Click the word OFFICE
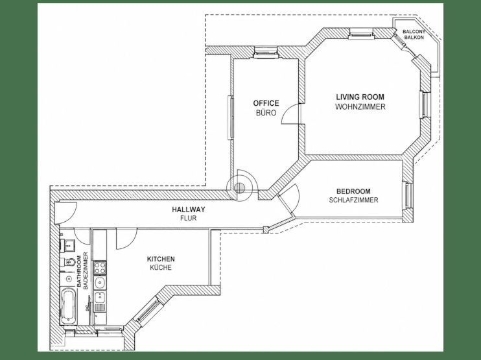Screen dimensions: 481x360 [266, 103]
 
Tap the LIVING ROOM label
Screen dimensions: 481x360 [360, 97]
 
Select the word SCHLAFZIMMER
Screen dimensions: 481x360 [353, 200]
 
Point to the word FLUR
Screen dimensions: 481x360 [189, 218]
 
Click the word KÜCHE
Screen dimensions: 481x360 [161, 268]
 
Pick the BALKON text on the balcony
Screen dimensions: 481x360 [414, 38]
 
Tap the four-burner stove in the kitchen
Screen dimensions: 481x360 [99, 267]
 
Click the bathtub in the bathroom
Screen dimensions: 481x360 [69, 306]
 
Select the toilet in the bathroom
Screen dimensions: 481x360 [69, 262]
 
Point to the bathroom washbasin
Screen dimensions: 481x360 [67, 245]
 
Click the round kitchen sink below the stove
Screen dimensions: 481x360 [100, 282]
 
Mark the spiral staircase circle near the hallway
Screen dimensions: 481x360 [239, 187]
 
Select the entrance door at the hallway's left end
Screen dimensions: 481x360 [65, 212]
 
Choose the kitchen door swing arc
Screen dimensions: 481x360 [126, 239]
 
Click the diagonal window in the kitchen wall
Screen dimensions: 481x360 [147, 310]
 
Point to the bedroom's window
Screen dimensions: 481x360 [407, 195]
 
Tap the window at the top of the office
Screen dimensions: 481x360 [266, 52]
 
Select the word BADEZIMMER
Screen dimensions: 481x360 [86, 270]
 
